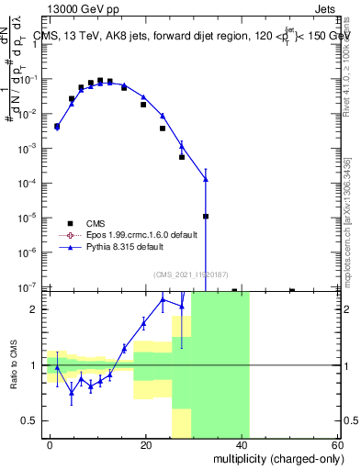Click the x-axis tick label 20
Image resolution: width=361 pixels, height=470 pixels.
[146, 443]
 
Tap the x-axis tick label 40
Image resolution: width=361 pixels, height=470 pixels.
[243, 443]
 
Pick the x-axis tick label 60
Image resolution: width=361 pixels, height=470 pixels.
[337, 443]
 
